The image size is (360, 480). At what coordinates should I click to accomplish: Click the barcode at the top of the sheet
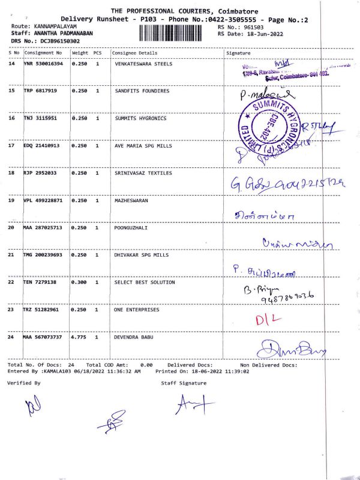click(x=177, y=32)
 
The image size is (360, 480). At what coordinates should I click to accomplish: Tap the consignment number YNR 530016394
click(x=43, y=64)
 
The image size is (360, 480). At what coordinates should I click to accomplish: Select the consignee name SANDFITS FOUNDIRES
click(x=142, y=91)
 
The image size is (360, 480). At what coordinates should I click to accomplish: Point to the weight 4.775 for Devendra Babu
click(x=79, y=337)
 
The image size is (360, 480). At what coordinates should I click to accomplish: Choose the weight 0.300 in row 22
click(x=79, y=282)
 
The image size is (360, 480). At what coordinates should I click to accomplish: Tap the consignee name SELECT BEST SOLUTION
click(x=145, y=282)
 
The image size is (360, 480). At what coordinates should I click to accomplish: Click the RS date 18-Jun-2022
click(x=259, y=34)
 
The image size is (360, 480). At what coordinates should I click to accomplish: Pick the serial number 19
click(x=11, y=200)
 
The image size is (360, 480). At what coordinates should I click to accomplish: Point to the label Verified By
click(x=24, y=383)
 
